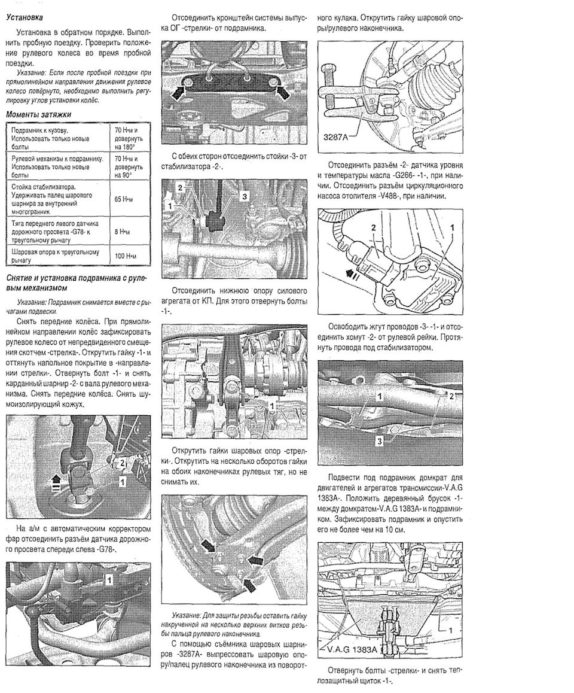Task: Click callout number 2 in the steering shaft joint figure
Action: click(x=121, y=463)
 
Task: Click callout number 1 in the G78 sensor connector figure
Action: click(x=109, y=579)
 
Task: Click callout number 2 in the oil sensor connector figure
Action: click(x=374, y=228)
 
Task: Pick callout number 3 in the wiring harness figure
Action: click(x=379, y=442)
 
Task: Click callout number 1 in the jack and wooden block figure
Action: click(x=450, y=631)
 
